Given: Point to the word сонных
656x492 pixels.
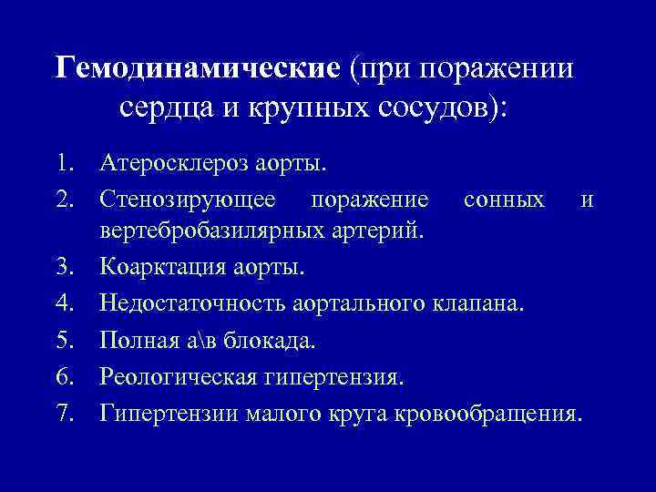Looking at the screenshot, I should [x=504, y=200].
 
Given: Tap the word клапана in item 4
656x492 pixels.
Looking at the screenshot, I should [x=484, y=302].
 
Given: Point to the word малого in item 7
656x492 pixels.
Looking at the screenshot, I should [x=278, y=414].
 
